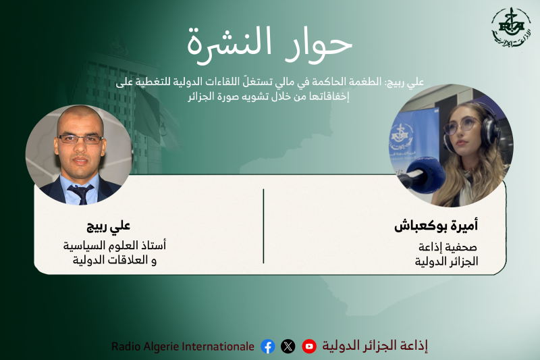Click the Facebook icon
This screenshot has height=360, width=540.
point(267,346)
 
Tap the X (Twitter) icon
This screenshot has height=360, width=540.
point(288,346)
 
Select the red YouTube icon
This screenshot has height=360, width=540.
point(309,346)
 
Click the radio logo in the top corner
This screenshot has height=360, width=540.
point(511,28)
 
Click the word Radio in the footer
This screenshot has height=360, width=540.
point(126,346)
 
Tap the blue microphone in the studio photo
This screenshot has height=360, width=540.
point(425,174)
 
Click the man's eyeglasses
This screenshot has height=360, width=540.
point(80,139)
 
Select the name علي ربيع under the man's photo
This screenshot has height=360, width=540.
point(109,226)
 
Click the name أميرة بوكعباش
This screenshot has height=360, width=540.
point(436,226)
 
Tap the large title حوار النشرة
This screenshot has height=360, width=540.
point(269,44)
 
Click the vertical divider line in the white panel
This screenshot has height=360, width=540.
point(263,226)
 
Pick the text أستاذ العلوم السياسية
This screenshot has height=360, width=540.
point(115,245)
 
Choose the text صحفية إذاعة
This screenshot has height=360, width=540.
point(448,247)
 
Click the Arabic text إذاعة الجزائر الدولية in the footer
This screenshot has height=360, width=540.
point(375,346)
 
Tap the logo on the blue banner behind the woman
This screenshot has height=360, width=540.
point(402,135)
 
